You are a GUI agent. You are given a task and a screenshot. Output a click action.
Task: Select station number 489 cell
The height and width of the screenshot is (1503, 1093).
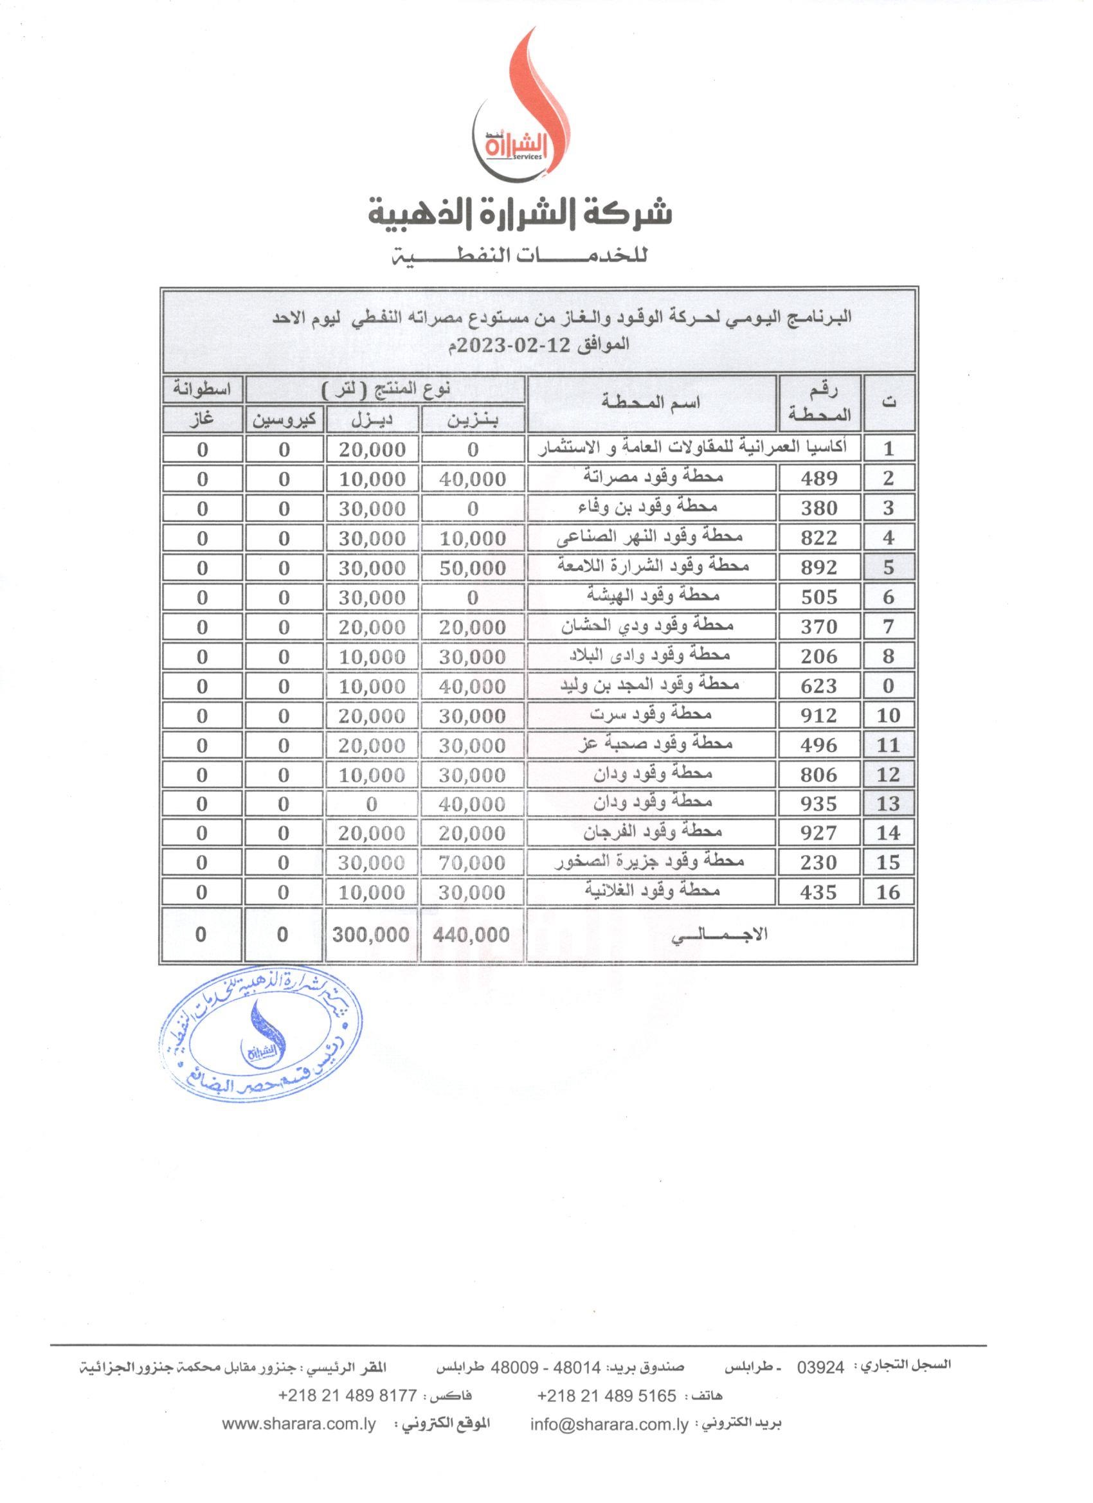click(819, 478)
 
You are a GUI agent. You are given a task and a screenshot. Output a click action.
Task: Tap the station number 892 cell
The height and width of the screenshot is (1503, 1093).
click(819, 567)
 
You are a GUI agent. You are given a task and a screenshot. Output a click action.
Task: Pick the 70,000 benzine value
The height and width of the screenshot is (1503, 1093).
click(473, 863)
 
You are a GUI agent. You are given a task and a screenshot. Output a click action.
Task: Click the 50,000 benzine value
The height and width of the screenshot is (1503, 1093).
click(473, 568)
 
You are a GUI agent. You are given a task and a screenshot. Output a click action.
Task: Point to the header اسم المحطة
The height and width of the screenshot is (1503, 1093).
click(651, 402)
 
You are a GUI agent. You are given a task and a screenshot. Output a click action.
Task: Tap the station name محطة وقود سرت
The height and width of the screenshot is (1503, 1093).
click(651, 714)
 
